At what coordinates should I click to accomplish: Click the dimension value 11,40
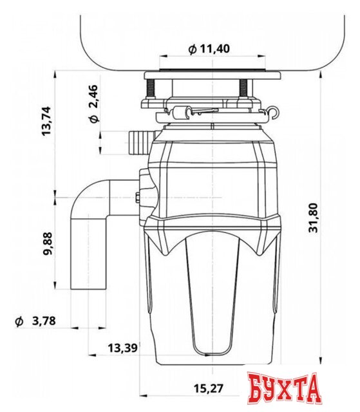click(x=215, y=49)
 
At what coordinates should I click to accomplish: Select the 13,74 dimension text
click(x=47, y=120)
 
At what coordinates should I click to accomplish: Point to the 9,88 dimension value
click(x=48, y=243)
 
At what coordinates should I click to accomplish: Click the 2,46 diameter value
click(x=93, y=96)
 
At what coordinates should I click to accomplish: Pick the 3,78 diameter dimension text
click(x=44, y=321)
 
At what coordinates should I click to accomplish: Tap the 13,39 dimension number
click(x=122, y=348)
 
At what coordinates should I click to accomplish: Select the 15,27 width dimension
click(x=209, y=388)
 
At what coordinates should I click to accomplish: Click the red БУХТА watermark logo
click(x=284, y=388)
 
